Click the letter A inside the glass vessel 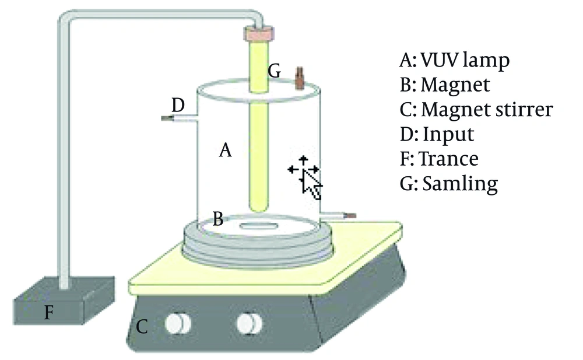click(225, 151)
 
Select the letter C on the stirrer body click(142, 327)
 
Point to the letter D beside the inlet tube click(178, 105)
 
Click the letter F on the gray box click(49, 312)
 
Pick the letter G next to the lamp click(275, 71)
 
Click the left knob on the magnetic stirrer click(178, 323)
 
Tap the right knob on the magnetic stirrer click(250, 323)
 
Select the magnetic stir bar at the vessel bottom click(258, 226)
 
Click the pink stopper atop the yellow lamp click(259, 33)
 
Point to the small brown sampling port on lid click(300, 78)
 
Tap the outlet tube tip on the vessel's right click(351, 215)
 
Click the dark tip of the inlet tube click(166, 118)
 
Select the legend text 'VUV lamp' click(465, 60)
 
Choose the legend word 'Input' click(448, 134)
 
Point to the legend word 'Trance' click(449, 159)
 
